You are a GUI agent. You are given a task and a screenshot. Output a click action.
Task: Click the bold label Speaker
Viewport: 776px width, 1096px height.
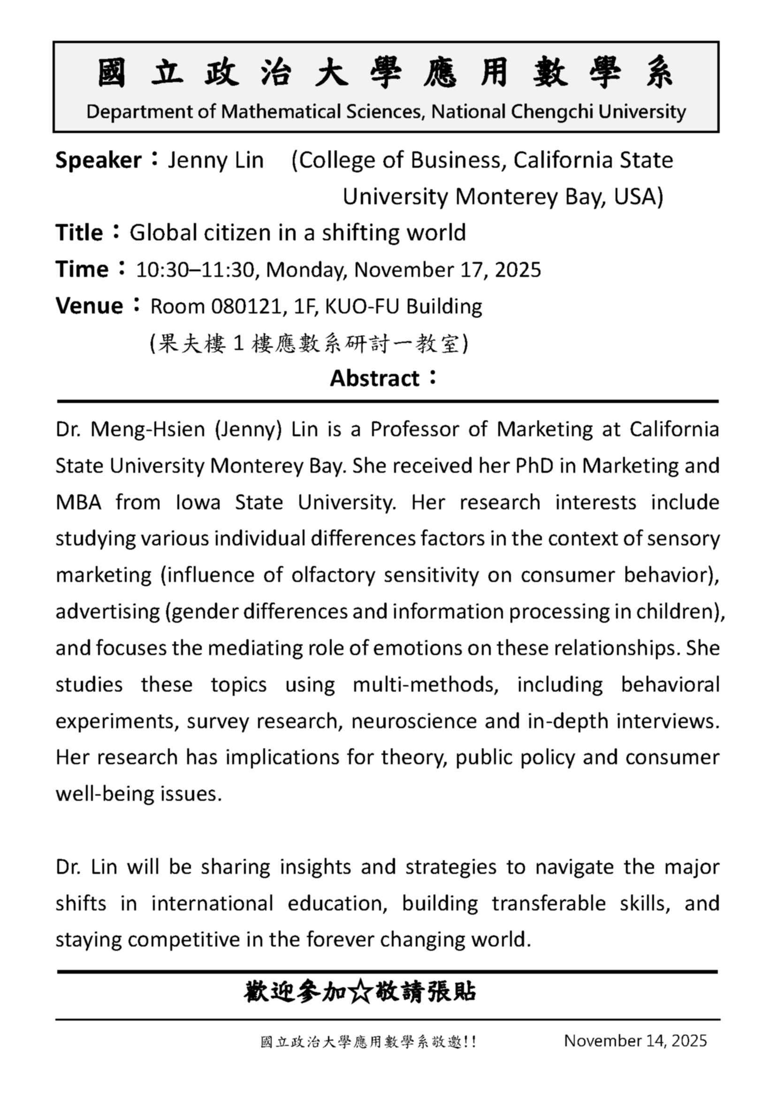tap(99, 160)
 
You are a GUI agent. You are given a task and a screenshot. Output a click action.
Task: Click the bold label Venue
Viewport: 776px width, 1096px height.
tap(89, 306)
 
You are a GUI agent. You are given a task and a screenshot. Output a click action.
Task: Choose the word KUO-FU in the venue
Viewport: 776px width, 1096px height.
tap(361, 306)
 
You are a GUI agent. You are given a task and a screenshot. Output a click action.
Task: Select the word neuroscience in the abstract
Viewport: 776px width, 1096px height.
tap(414, 721)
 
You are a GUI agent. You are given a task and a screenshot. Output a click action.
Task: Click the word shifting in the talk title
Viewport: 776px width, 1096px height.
tap(359, 233)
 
